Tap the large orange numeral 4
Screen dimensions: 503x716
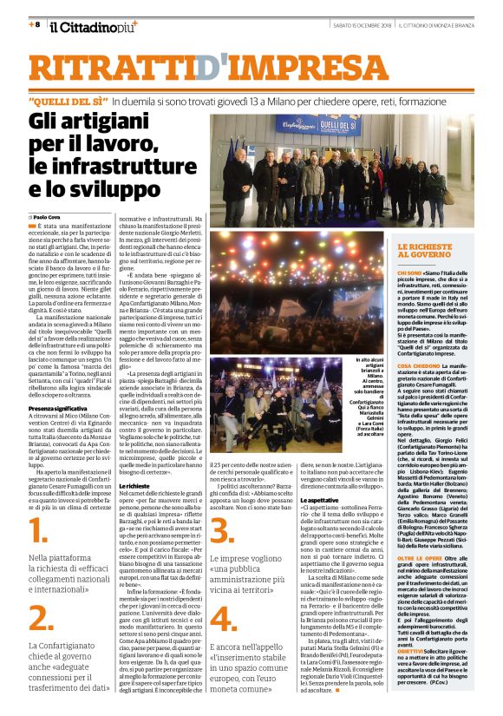click(x=223, y=619)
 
